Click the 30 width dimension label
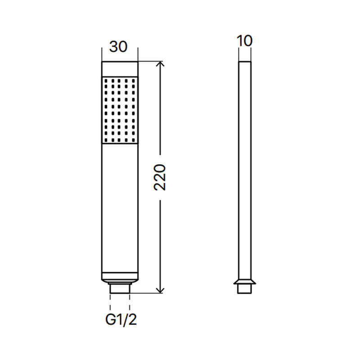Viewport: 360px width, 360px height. pyautogui.click(x=118, y=47)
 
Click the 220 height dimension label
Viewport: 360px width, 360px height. pyautogui.click(x=160, y=177)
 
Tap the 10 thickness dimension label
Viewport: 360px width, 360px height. pyautogui.click(x=244, y=41)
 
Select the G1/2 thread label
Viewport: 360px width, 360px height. pyautogui.click(x=121, y=319)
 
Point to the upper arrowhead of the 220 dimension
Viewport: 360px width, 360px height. pyautogui.click(x=160, y=64)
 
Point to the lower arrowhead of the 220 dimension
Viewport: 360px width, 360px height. pyautogui.click(x=160, y=290)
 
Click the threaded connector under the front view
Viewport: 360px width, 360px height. pyautogui.click(x=120, y=288)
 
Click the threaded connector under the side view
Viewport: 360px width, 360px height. pyautogui.click(x=244, y=289)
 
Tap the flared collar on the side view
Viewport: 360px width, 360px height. pyautogui.click(x=244, y=282)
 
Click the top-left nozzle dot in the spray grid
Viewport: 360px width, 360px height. pyautogui.click(x=106, y=81)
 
